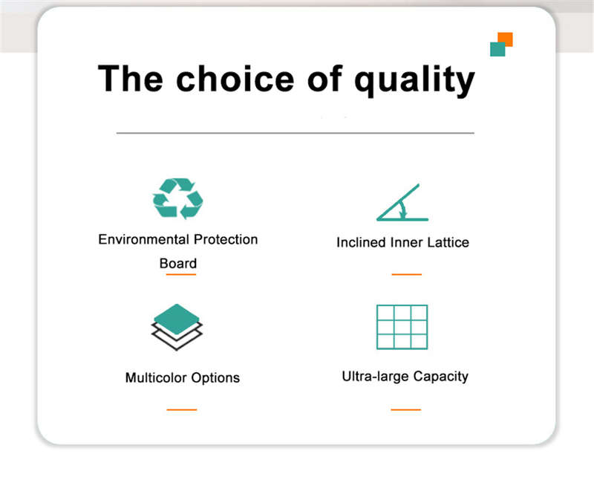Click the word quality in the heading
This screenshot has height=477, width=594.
pos(414,80)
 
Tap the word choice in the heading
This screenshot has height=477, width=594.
pos(235,78)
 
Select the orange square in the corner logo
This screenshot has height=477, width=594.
pos(506,39)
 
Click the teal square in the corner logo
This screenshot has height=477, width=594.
pos(497,50)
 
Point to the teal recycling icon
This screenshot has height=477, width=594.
pos(177,198)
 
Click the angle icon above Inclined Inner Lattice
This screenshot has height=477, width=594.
pos(402,203)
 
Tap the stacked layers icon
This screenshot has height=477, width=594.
pos(177,327)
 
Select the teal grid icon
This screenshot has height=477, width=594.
pos(402,327)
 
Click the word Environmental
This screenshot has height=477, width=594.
pos(143,239)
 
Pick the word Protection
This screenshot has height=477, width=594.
pos(226,239)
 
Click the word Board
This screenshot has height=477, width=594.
pos(178,263)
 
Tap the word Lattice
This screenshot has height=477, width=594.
pos(448,242)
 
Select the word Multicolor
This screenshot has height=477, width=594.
pos(156,377)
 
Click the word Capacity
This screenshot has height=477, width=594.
pos(440,377)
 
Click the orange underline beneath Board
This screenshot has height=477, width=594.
pos(181,274)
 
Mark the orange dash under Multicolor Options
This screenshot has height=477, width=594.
pos(182,409)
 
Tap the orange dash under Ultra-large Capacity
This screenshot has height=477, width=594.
pos(405,409)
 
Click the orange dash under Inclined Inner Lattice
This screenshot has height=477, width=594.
pos(406,274)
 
